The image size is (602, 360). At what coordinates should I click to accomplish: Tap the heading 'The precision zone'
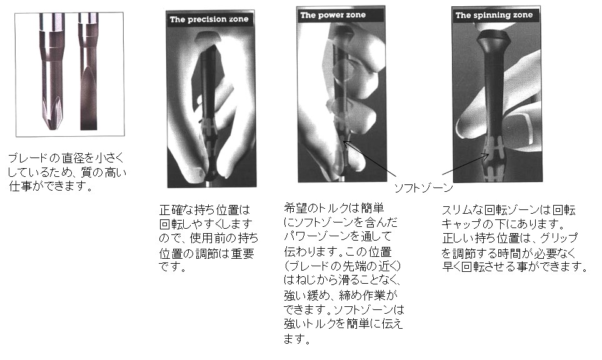coord(209,19)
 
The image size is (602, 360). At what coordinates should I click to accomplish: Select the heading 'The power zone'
coord(333,16)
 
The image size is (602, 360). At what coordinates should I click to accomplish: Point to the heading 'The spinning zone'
coord(494,16)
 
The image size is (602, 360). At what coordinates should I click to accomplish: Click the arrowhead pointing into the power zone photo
coord(345,144)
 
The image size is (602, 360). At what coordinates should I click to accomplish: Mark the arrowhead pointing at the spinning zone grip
coord(486,156)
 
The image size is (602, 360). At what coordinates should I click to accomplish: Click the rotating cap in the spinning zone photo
coord(494,37)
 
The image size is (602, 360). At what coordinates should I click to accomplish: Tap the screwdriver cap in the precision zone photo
coord(209,37)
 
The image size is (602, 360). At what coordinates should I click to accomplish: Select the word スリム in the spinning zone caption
coord(457,211)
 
